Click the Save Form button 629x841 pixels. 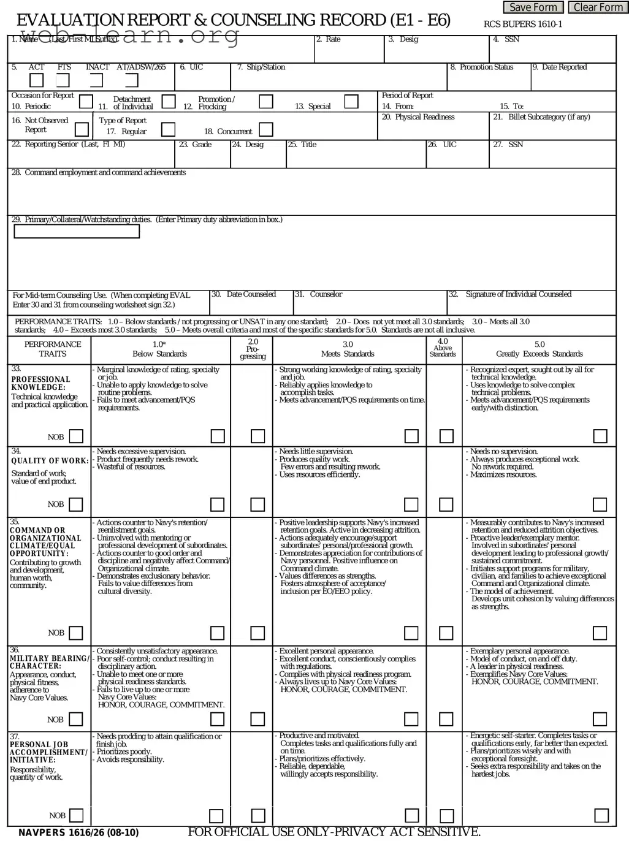tap(533, 7)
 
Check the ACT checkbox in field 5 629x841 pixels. tap(37, 80)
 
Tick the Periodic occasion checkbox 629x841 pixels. tap(86, 102)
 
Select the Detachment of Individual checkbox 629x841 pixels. tap(169, 102)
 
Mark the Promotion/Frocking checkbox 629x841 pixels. tap(266, 102)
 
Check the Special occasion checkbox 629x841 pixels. tap(351, 102)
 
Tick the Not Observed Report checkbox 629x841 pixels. tap(82, 129)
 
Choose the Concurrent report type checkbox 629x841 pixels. tap(266, 129)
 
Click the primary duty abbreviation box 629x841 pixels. tap(77, 231)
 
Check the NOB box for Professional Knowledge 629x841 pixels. tap(76, 436)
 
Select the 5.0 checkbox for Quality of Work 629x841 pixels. tap(600, 504)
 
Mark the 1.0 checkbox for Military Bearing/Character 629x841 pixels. tap(217, 719)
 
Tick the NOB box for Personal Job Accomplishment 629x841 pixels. tap(76, 815)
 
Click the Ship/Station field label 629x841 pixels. tap(261, 67)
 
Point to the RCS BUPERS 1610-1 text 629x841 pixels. tap(522, 25)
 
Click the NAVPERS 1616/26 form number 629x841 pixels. tap(78, 832)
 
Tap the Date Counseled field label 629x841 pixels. tap(244, 295)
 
